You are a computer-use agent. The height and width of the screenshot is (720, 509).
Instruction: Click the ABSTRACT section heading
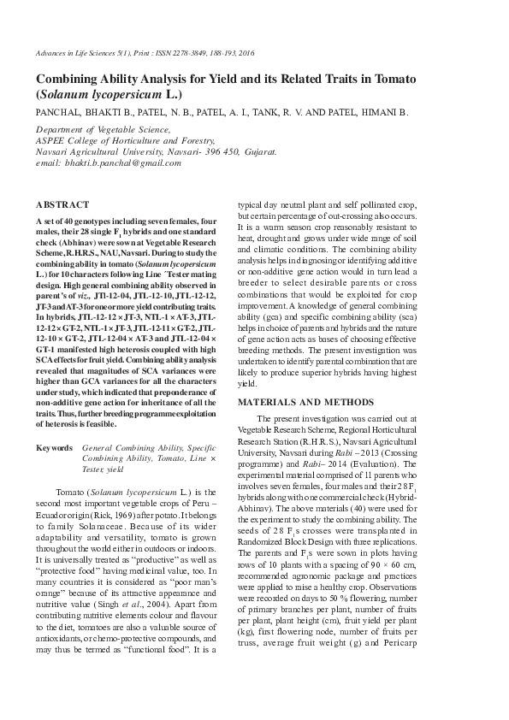62,205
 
